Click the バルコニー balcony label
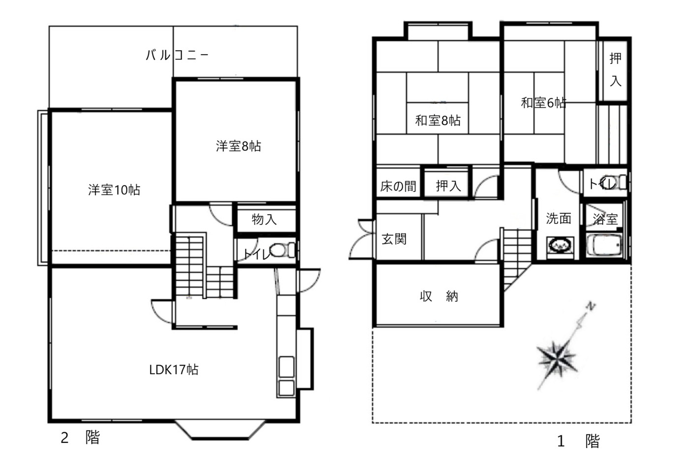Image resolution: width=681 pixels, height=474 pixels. tap(177, 55)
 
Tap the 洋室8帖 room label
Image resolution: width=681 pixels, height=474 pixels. tap(238, 146)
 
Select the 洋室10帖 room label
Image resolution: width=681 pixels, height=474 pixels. tap(114, 190)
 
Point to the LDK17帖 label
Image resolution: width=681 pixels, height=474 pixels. tap(174, 370)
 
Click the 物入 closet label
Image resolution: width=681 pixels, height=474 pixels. tap(264, 219)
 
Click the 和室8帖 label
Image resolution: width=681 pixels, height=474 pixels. tap(438, 121)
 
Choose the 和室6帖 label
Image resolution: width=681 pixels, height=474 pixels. tap(543, 103)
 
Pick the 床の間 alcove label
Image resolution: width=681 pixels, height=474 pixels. tap(398, 186)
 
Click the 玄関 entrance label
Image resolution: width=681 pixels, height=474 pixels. tap(394, 239)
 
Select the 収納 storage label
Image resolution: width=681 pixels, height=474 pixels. tap(439, 296)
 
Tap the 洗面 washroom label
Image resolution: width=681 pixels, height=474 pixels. tap(558, 218)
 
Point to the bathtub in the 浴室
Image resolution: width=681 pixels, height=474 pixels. tap(603, 245)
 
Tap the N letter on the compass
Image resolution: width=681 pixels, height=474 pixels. tap(591, 306)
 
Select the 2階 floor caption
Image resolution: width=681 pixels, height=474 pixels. tap(80, 438)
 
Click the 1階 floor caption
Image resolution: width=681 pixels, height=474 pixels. tap(578, 441)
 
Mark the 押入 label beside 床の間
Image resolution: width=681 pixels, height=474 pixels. tap(448, 186)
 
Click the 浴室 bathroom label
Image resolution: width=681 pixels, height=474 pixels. tap(605, 219)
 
